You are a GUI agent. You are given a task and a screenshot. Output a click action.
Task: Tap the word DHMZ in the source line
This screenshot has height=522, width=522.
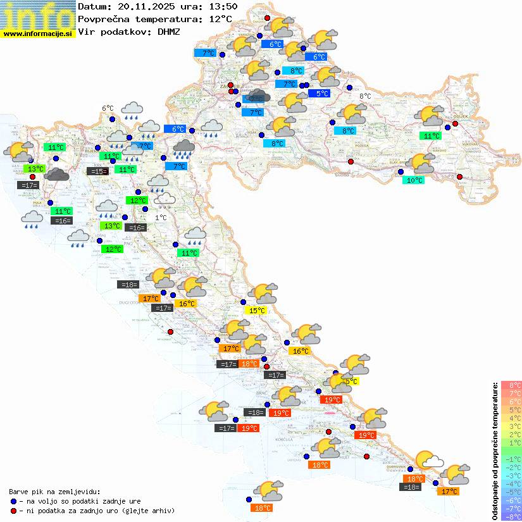(168, 31)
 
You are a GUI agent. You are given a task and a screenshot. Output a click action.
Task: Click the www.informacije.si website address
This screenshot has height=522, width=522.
(38, 33)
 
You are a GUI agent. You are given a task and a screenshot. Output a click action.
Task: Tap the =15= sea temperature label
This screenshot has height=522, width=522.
(97, 171)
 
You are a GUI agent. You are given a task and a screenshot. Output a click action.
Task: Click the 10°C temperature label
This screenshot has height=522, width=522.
(414, 180)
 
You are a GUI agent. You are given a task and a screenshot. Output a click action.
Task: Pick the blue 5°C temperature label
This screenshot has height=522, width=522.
(322, 94)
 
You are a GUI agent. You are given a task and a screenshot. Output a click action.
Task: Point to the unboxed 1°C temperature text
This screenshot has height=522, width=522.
(161, 218)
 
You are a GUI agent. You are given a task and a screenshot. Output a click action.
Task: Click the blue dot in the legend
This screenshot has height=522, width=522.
(13, 500)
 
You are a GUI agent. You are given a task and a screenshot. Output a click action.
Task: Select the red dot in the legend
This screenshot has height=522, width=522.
(13, 510)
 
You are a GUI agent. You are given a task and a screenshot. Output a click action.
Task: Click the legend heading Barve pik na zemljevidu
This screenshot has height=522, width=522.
(54, 491)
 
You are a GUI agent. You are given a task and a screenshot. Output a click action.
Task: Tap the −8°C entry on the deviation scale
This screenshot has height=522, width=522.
(511, 517)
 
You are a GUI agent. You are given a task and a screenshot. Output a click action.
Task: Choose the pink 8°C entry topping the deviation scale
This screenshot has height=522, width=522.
(511, 385)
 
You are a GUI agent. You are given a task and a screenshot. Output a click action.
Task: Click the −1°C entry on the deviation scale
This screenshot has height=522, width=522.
(511, 459)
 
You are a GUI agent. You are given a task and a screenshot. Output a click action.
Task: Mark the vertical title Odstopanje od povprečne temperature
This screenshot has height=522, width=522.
(496, 451)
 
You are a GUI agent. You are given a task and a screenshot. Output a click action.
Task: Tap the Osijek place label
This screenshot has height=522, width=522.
(454, 116)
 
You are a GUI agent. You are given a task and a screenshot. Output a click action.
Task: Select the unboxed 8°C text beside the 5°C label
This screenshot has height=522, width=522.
(365, 96)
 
